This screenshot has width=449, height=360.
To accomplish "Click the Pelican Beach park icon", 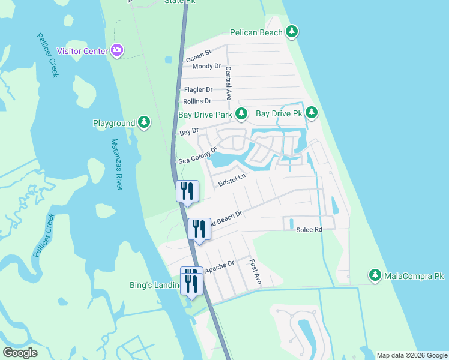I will (292, 32).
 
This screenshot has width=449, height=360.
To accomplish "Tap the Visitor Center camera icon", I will (117, 51).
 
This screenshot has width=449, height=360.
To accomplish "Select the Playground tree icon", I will (144, 123).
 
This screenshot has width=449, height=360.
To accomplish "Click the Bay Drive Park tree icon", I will (241, 113).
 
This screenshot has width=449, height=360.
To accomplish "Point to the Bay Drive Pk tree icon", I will (311, 113).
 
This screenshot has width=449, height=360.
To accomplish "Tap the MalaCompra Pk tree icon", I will (375, 275).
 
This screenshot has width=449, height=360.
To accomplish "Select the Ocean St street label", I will (199, 58).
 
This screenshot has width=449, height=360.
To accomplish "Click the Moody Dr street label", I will (206, 66).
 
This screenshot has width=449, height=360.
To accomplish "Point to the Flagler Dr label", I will (198, 89).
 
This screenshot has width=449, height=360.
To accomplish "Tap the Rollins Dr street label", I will (197, 101).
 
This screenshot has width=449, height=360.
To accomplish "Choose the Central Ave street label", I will (229, 82).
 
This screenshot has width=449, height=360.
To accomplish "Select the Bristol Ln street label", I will (232, 179).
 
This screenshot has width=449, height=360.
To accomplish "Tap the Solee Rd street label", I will (309, 230).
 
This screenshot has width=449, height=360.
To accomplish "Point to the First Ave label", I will (255, 271).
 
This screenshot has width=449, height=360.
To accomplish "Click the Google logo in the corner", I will (20, 353).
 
